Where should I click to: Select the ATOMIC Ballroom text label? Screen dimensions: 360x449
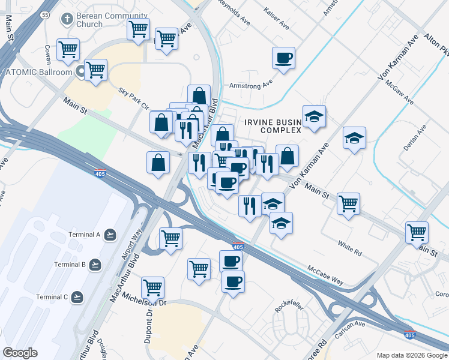(39, 72)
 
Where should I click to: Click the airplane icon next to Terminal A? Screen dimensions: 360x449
(109, 234)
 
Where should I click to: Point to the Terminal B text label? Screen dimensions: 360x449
(70, 264)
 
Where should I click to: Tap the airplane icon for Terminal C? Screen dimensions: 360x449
(77, 297)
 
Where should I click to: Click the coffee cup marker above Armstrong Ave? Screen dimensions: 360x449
(283, 59)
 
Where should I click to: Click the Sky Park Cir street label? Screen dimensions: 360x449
(133, 99)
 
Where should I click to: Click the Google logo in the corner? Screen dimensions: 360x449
(20, 353)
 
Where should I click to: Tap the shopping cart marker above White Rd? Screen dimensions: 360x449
(348, 204)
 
